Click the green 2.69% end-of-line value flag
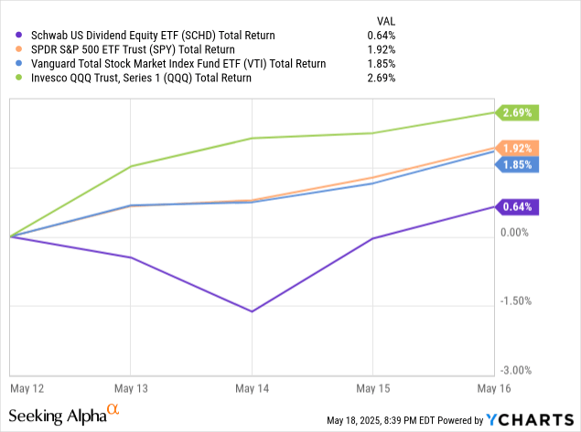pos(518,113)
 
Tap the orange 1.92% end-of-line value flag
pos(518,148)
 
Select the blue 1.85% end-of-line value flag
pos(518,164)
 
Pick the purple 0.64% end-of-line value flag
pos(518,206)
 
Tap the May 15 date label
pos(371,387)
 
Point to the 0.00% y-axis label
pos(516,233)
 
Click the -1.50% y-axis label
pos(516,301)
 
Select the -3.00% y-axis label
pos(516,370)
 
